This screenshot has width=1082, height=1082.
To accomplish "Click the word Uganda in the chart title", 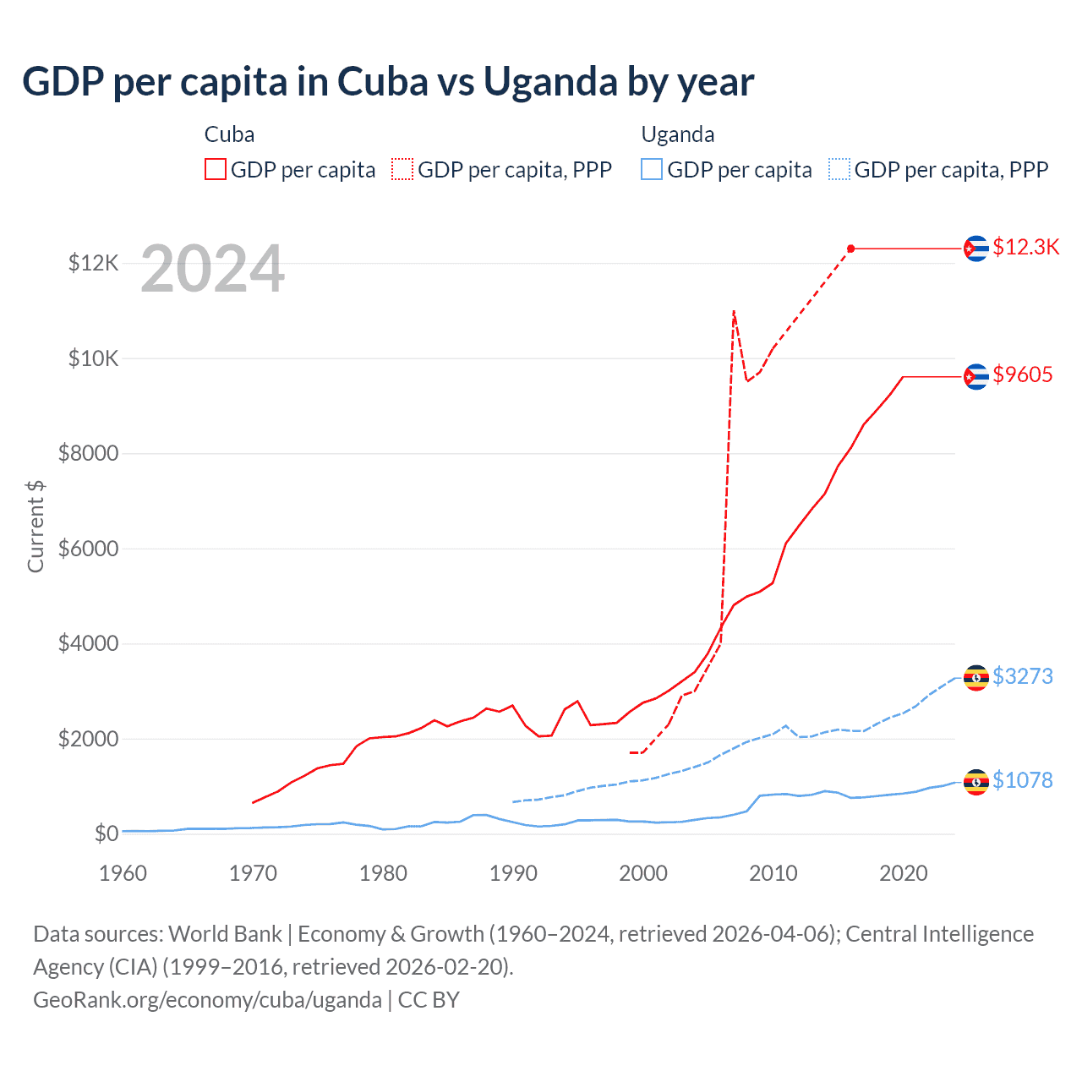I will point(550,82).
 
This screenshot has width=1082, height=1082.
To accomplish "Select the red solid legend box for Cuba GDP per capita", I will point(216,169).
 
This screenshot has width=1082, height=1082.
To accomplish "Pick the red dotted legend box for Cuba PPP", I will point(402,169).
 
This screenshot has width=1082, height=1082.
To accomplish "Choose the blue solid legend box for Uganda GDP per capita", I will point(652,169).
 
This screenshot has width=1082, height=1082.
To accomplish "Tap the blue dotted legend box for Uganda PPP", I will point(839,169).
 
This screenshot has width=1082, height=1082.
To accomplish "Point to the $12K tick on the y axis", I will point(93,263).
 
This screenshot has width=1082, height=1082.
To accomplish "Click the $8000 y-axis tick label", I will point(88,453).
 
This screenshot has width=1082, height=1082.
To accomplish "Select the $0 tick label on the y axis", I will point(106,833).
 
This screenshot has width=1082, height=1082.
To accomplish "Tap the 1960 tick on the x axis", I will point(123,873).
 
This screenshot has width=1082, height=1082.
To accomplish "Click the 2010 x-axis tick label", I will point(773,873).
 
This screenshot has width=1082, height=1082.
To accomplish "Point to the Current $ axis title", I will point(36,526).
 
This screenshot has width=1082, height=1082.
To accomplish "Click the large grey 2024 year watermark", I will point(212,270).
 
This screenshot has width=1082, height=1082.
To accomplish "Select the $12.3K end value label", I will point(1025,247).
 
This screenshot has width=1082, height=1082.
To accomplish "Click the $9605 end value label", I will point(1023,374).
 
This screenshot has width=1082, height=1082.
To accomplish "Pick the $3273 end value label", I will point(1023,676).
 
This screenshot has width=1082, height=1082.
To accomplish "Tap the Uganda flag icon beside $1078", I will point(976,783).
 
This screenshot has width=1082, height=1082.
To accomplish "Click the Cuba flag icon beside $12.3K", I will point(976,249).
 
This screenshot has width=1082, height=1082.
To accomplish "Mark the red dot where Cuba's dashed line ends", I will point(851,249).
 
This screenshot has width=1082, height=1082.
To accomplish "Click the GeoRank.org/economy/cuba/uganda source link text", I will point(207,1000).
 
